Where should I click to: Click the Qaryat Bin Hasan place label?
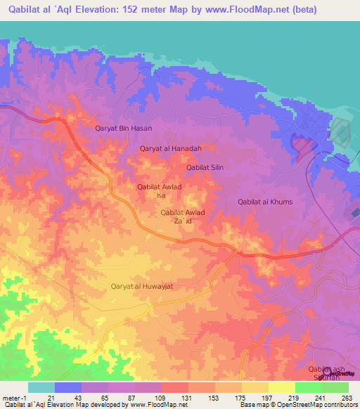coord(123,129)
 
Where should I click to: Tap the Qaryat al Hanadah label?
coord(171,148)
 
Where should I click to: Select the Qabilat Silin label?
coord(205,167)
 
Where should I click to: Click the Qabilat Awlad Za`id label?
coord(183,216)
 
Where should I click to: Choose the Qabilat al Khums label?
coord(265,202)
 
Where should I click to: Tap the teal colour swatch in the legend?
coord(41,387)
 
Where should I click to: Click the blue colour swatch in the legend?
coord(67,387)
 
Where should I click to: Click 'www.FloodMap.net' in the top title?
coord(238,10)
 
